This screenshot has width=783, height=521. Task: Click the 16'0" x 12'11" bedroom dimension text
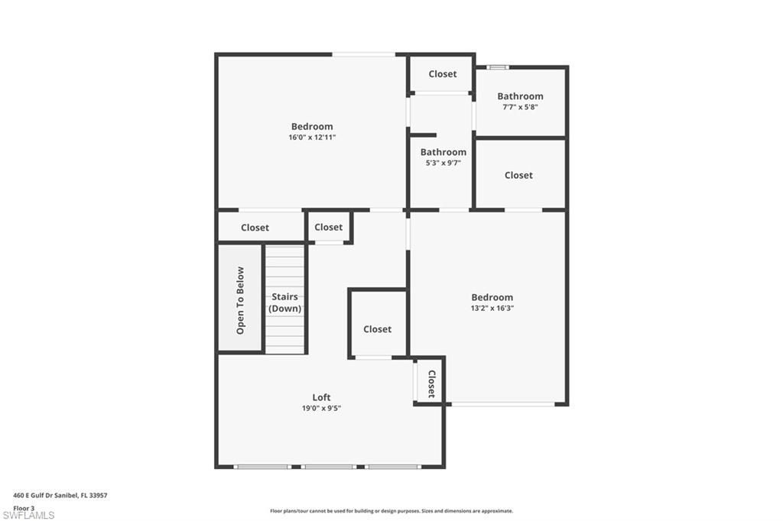click(x=312, y=138)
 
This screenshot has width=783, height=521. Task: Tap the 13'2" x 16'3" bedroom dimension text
click(x=492, y=309)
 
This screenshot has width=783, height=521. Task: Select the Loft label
click(x=321, y=397)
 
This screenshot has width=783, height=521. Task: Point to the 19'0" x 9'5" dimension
click(x=321, y=409)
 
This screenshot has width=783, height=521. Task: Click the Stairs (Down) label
click(x=284, y=303)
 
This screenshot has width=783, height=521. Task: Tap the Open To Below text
click(x=240, y=300)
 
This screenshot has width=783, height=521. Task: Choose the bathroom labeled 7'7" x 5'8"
click(x=520, y=96)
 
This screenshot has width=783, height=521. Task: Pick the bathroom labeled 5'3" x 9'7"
click(x=443, y=152)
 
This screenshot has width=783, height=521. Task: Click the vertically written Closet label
click(x=430, y=383)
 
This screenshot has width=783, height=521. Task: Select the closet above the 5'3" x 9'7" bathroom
click(x=442, y=74)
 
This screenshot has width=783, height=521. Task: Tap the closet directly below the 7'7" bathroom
click(x=518, y=175)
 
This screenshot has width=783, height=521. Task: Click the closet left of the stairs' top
click(x=255, y=228)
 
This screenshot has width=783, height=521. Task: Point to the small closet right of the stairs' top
click(x=328, y=227)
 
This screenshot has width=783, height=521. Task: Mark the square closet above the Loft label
click(x=377, y=329)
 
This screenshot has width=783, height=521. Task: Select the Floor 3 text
click(x=24, y=507)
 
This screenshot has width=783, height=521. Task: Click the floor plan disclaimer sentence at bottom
click(x=391, y=511)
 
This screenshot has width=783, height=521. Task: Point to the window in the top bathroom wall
click(x=498, y=67)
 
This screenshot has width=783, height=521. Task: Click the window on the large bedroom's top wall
click(x=363, y=53)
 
